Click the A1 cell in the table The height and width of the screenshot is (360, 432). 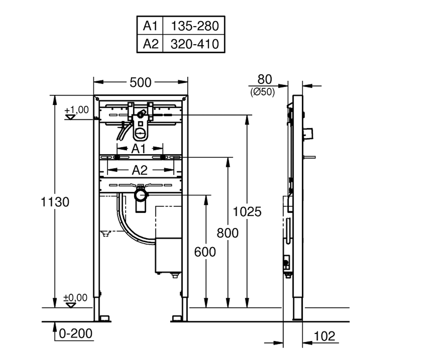[150, 26]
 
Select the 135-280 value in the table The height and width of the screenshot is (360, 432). [195, 26]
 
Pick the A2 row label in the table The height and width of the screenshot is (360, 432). [150, 44]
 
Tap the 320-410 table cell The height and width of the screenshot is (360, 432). [194, 44]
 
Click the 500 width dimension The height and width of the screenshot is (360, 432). [140, 82]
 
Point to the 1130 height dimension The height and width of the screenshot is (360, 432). [55, 202]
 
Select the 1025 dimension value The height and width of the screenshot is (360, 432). [247, 211]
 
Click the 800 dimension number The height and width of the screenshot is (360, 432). [228, 233]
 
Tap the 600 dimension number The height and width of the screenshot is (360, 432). [205, 252]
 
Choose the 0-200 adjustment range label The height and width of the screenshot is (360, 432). [76, 333]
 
